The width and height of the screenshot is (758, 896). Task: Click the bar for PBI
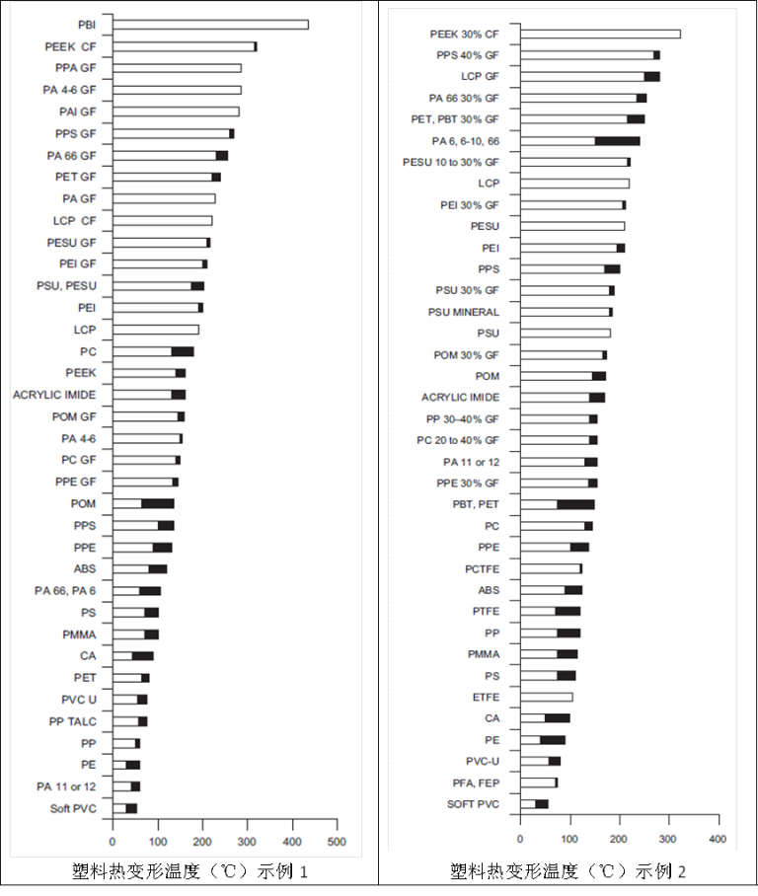[x=210, y=25]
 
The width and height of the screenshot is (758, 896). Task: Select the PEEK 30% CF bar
[x=600, y=34]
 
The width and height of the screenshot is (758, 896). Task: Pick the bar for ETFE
[x=546, y=697]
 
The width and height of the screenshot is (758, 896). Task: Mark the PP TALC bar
[x=129, y=721]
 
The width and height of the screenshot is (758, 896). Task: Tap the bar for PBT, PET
[x=557, y=504]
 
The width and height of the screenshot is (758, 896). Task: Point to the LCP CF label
[x=75, y=220]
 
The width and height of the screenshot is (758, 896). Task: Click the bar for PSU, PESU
[x=158, y=286]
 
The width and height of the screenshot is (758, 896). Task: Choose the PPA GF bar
[x=177, y=68]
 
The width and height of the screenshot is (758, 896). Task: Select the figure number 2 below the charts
[x=682, y=871]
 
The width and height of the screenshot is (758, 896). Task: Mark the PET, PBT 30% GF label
[x=455, y=119]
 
